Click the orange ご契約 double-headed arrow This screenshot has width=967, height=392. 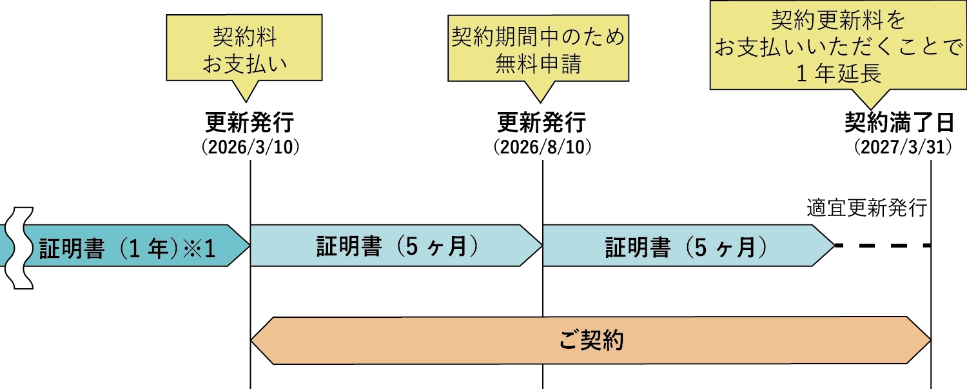[590, 340]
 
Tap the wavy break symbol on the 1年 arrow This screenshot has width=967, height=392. [19, 248]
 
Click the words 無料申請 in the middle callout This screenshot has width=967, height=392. [539, 64]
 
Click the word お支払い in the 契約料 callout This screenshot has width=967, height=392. [244, 63]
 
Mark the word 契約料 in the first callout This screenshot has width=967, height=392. [244, 37]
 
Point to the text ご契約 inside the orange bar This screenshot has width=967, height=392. [590, 340]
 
